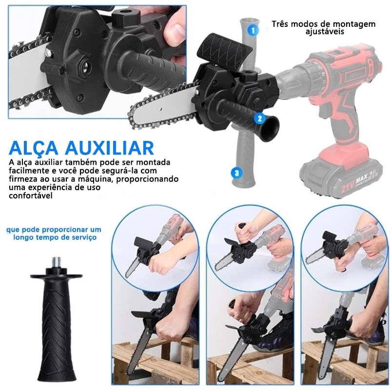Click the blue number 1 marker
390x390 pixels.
tap(253, 30)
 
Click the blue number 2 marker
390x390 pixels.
tap(260, 118)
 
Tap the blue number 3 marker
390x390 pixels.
tap(236, 173)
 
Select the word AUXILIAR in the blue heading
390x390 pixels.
tap(109, 148)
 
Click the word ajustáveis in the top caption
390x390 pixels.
tap(325, 32)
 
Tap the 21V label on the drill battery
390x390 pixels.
tap(348, 186)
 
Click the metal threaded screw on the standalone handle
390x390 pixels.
tap(57, 262)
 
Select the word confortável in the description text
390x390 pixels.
tap(31, 195)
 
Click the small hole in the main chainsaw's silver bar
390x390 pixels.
tap(162, 109)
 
